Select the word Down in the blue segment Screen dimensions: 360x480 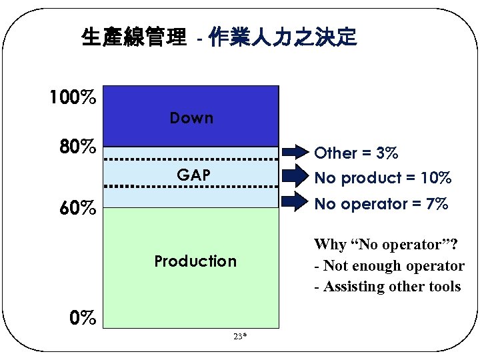[191, 119]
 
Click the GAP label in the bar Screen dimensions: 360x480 [193, 175]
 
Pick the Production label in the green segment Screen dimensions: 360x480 [195, 261]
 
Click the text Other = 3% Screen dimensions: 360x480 [357, 153]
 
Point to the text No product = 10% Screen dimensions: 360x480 [383, 178]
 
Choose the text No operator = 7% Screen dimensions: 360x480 [381, 204]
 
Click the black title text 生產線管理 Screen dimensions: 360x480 [133, 37]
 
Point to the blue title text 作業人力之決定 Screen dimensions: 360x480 [283, 37]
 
